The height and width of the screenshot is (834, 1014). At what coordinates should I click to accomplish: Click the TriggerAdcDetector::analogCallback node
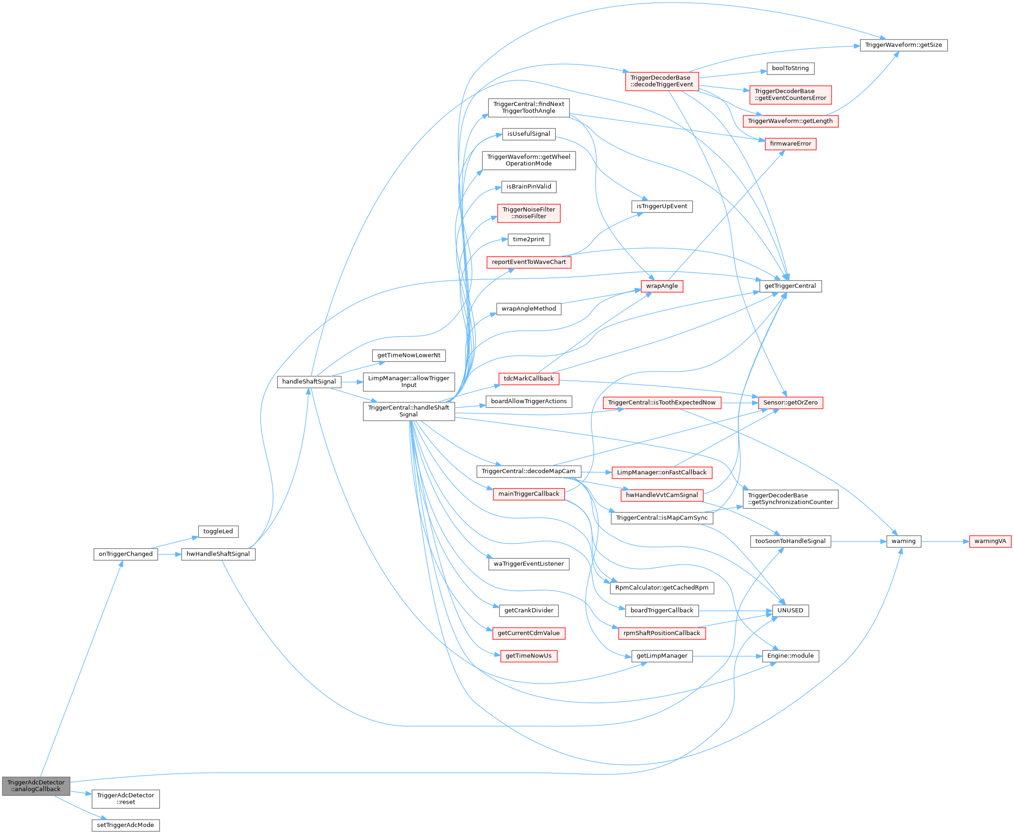(36, 786)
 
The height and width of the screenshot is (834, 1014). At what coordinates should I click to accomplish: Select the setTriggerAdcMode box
(126, 825)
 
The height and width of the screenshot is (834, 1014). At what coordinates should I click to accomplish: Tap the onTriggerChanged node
(126, 554)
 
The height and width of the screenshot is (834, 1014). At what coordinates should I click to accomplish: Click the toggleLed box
(218, 531)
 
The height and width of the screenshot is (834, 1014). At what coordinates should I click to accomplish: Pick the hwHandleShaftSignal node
(218, 554)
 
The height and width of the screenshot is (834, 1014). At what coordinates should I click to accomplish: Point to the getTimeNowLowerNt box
(408, 356)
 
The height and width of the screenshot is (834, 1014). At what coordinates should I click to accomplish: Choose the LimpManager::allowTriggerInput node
(408, 381)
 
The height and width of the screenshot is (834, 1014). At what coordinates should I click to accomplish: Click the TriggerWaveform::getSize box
(904, 45)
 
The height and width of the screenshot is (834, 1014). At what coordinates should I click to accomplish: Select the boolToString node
(790, 68)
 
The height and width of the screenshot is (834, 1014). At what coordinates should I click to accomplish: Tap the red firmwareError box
(790, 144)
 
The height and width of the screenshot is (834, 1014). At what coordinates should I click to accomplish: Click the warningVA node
(990, 541)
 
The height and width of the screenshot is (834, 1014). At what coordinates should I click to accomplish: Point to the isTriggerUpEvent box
(662, 207)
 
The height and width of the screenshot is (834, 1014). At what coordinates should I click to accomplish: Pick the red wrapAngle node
(662, 286)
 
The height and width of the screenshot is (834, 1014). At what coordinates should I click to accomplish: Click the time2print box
(528, 239)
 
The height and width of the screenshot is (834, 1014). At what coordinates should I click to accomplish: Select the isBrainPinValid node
(528, 186)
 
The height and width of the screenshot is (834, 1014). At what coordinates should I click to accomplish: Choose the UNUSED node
(790, 610)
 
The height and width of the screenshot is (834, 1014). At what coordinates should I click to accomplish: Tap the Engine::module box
(790, 656)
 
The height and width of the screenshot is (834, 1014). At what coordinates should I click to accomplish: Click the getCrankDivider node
(528, 610)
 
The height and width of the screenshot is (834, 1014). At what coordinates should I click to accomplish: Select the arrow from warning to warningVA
(945, 541)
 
